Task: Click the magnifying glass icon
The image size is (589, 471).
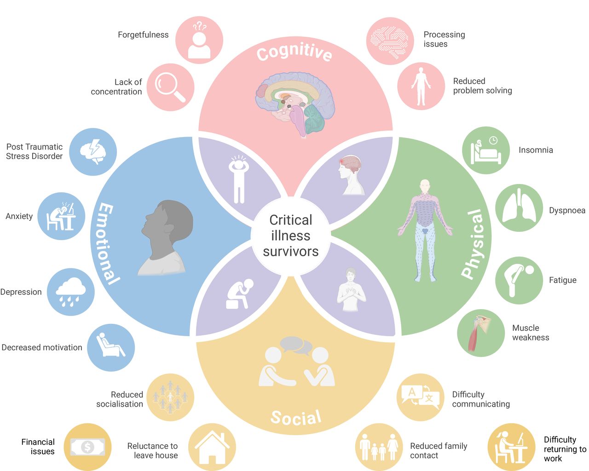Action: click(170, 87)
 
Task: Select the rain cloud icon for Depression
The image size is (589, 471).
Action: click(70, 292)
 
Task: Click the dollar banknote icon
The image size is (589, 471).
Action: click(87, 447)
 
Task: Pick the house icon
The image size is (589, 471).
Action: click(212, 447)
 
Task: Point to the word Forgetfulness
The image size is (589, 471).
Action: click(143, 35)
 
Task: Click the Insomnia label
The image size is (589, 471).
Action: click(536, 150)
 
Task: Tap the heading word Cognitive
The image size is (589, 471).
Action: click(294, 52)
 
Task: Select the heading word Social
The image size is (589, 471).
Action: click(296, 418)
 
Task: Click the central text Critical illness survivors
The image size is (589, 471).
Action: click(291, 235)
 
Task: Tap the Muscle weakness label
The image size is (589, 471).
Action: click(531, 333)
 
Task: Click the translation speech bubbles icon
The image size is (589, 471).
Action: click(421, 397)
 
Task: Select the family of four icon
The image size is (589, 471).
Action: click(379, 447)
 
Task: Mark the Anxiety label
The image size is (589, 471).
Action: click(19, 216)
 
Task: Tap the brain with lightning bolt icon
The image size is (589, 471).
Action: click(93, 151)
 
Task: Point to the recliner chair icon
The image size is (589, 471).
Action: click(110, 345)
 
